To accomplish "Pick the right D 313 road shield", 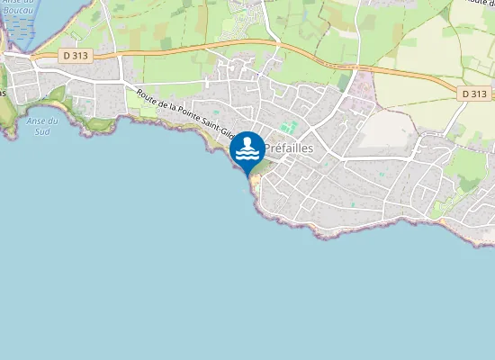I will coord(473,94).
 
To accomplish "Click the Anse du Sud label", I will coord(42,126).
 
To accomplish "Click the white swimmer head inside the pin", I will coord(247,142).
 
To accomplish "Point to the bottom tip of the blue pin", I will coord(247,174).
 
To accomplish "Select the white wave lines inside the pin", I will coord(247,155).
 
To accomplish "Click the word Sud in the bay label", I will coord(42,131).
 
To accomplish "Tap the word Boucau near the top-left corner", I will coord(18,11).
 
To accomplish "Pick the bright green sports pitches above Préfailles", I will coord(288,129).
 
